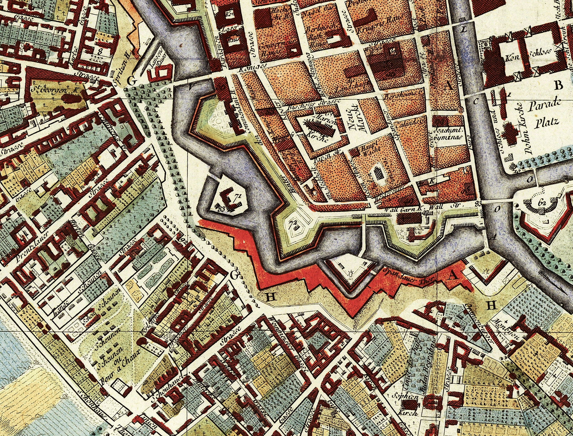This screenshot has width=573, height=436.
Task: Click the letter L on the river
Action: coord(464,29)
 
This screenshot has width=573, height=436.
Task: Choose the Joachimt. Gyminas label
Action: coord(448,133)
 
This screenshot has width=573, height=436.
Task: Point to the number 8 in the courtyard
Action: coord(100,52)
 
